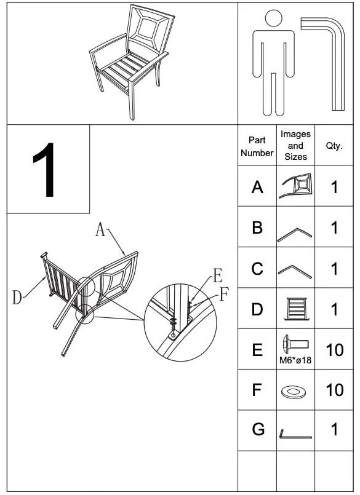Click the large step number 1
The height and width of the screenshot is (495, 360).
[47, 170]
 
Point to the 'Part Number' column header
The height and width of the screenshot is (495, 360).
[257, 146]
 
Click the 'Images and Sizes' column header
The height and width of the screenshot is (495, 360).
[295, 146]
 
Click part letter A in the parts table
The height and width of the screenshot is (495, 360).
[257, 187]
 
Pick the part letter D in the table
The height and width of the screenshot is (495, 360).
[257, 309]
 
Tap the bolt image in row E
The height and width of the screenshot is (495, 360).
[295, 343]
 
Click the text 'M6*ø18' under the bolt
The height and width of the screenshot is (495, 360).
[295, 360]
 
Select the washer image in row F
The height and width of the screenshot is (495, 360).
[295, 391]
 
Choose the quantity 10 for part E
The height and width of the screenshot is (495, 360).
[334, 350]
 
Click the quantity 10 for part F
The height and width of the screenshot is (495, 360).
[334, 390]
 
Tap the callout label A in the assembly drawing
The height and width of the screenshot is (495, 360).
[100, 231]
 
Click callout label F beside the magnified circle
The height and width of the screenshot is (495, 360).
[224, 293]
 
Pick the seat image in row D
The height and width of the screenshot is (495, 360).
[295, 309]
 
